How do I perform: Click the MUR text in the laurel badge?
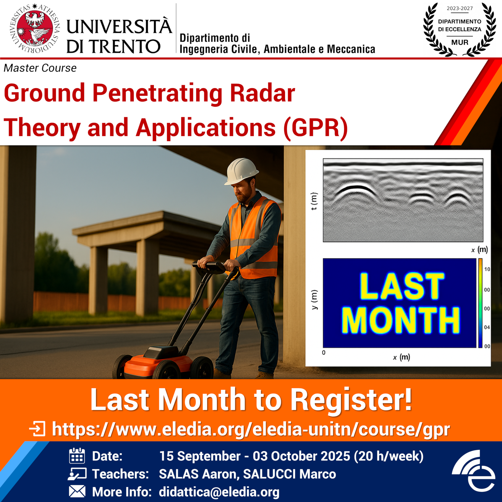pos(460,43)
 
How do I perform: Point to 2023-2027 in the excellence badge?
pos(460,8)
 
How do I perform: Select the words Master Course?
pos(40,68)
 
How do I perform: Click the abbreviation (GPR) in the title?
pos(316,128)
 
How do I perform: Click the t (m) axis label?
pos(314,201)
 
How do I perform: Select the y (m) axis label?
pos(314,300)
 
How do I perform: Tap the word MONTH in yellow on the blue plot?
pos(401,320)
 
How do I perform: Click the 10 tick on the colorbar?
pos(487,269)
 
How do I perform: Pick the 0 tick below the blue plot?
pos(324,352)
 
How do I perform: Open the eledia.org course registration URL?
pos(251,429)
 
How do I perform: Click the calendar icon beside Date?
pos(77,456)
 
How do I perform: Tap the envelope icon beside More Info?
pos(77,492)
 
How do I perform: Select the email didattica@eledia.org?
pos(219,492)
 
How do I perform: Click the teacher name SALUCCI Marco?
pos(289,474)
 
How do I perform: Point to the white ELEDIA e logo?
pos(475,471)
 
